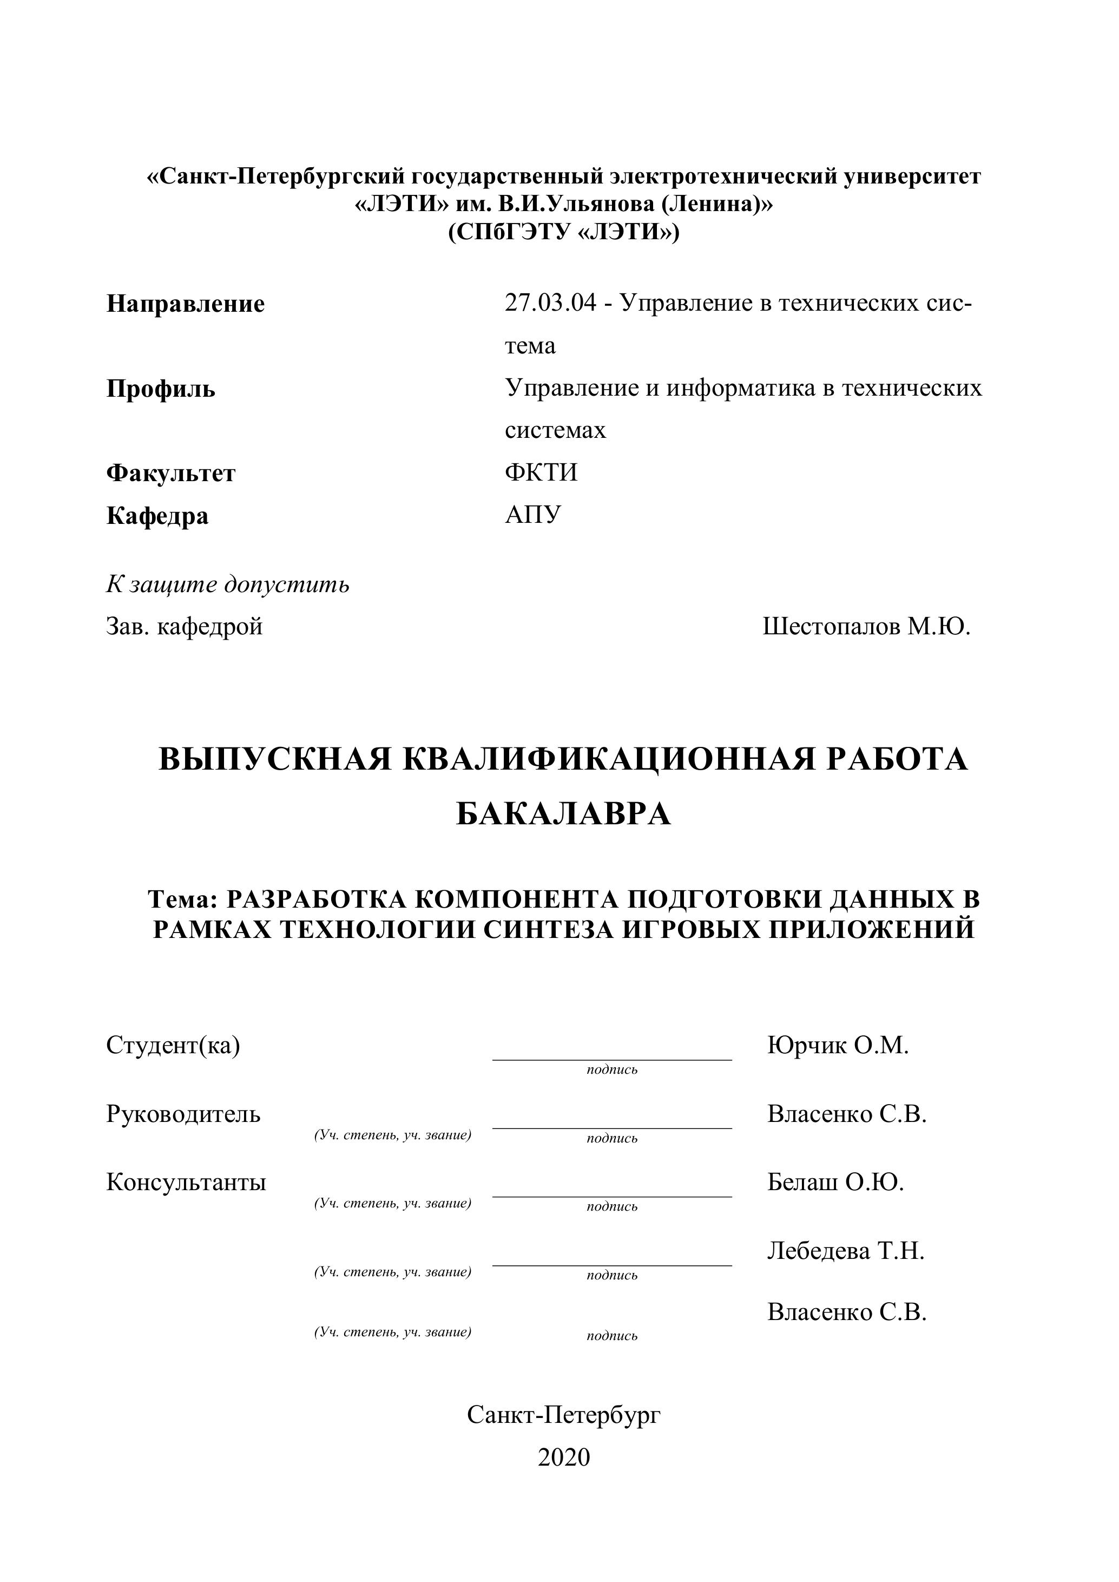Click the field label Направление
pos(186,304)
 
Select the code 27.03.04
pos(550,303)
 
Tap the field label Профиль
pos(161,389)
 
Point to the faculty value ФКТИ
pos(541,472)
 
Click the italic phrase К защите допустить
pos(227,585)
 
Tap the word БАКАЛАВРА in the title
pos(563,815)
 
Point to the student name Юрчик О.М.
pos(838,1045)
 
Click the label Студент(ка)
pos(173,1045)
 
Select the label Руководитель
pos(183,1113)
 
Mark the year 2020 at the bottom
pos(564,1458)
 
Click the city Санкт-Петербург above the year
pos(564,1415)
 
